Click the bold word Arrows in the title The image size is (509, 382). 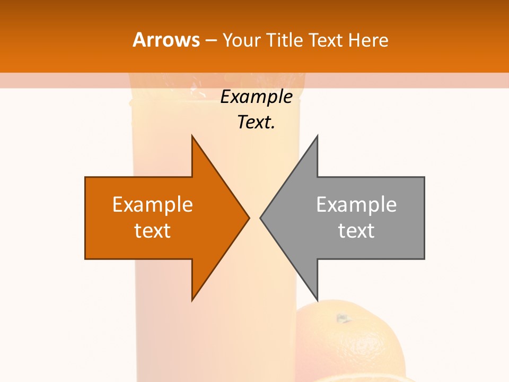[166, 40]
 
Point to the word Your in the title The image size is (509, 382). [242, 40]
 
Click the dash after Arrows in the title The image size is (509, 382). [210, 40]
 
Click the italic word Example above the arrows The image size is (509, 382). [256, 97]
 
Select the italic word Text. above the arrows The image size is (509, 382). [256, 123]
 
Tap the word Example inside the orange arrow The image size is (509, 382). [153, 205]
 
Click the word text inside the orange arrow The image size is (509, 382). [153, 231]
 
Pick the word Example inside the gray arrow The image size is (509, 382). [356, 205]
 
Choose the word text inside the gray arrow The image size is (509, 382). [356, 231]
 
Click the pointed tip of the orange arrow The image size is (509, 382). [248, 218]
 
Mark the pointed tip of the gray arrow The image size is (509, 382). [261, 218]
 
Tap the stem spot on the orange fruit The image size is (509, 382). [343, 318]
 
